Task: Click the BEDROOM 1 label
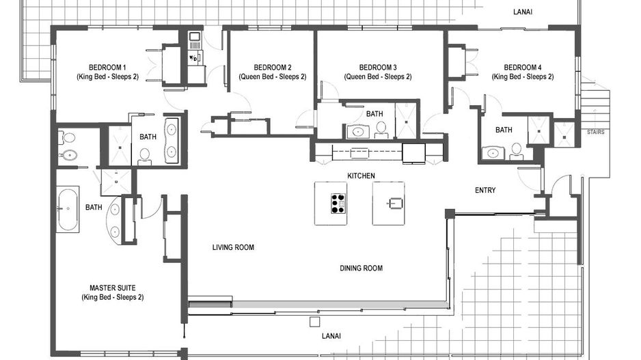[x=107, y=67]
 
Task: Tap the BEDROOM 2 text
[x=273, y=67]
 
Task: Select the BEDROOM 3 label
[x=378, y=67]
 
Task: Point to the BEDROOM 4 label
[x=523, y=67]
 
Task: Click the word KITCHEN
[x=361, y=176]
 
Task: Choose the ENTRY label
[x=485, y=190]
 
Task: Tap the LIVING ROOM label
[x=233, y=247]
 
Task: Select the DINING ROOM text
[x=361, y=268]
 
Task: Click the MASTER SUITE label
[x=112, y=288]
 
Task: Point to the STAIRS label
[x=595, y=133]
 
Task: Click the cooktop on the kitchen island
[x=338, y=203]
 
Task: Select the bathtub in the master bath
[x=68, y=209]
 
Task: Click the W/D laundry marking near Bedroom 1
[x=193, y=58]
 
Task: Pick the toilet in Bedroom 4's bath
[x=517, y=150]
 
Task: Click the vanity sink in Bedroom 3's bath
[x=356, y=131]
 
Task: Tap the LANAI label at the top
[x=523, y=12]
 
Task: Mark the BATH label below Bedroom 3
[x=374, y=113]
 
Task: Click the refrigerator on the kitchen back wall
[x=413, y=152]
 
